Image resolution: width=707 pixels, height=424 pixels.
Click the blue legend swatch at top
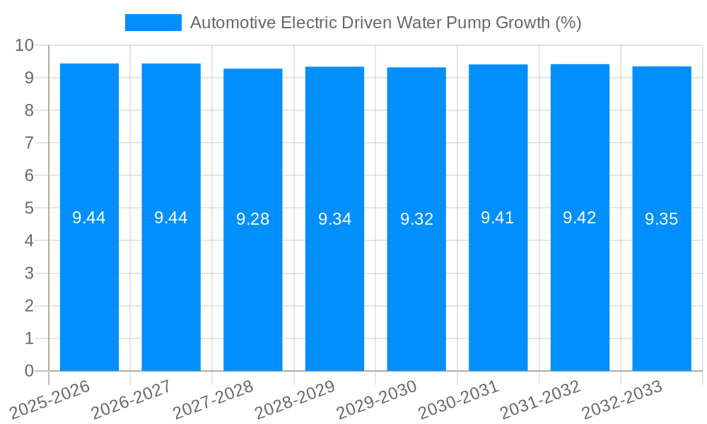pyautogui.click(x=153, y=23)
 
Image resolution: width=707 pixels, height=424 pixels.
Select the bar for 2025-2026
pyautogui.click(x=89, y=283)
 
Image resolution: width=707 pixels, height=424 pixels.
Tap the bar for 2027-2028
pyautogui.click(x=252, y=283)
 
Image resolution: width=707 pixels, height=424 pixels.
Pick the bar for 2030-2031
pyautogui.click(x=498, y=283)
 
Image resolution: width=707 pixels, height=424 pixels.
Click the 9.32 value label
pyautogui.click(x=416, y=219)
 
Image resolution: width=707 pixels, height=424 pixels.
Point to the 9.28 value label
pyautogui.click(x=252, y=219)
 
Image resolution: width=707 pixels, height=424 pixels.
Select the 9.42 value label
pyautogui.click(x=579, y=218)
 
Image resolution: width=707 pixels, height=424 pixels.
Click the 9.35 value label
pyautogui.click(x=661, y=219)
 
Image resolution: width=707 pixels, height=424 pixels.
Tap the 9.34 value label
pyautogui.click(x=334, y=219)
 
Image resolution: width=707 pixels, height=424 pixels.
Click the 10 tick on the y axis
pyautogui.click(x=25, y=45)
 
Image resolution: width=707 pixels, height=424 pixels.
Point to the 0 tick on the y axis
pyautogui.click(x=29, y=371)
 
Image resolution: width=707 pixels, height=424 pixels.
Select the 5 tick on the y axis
pyautogui.click(x=29, y=208)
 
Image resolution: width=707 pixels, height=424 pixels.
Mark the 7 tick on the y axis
pyautogui.click(x=29, y=143)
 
